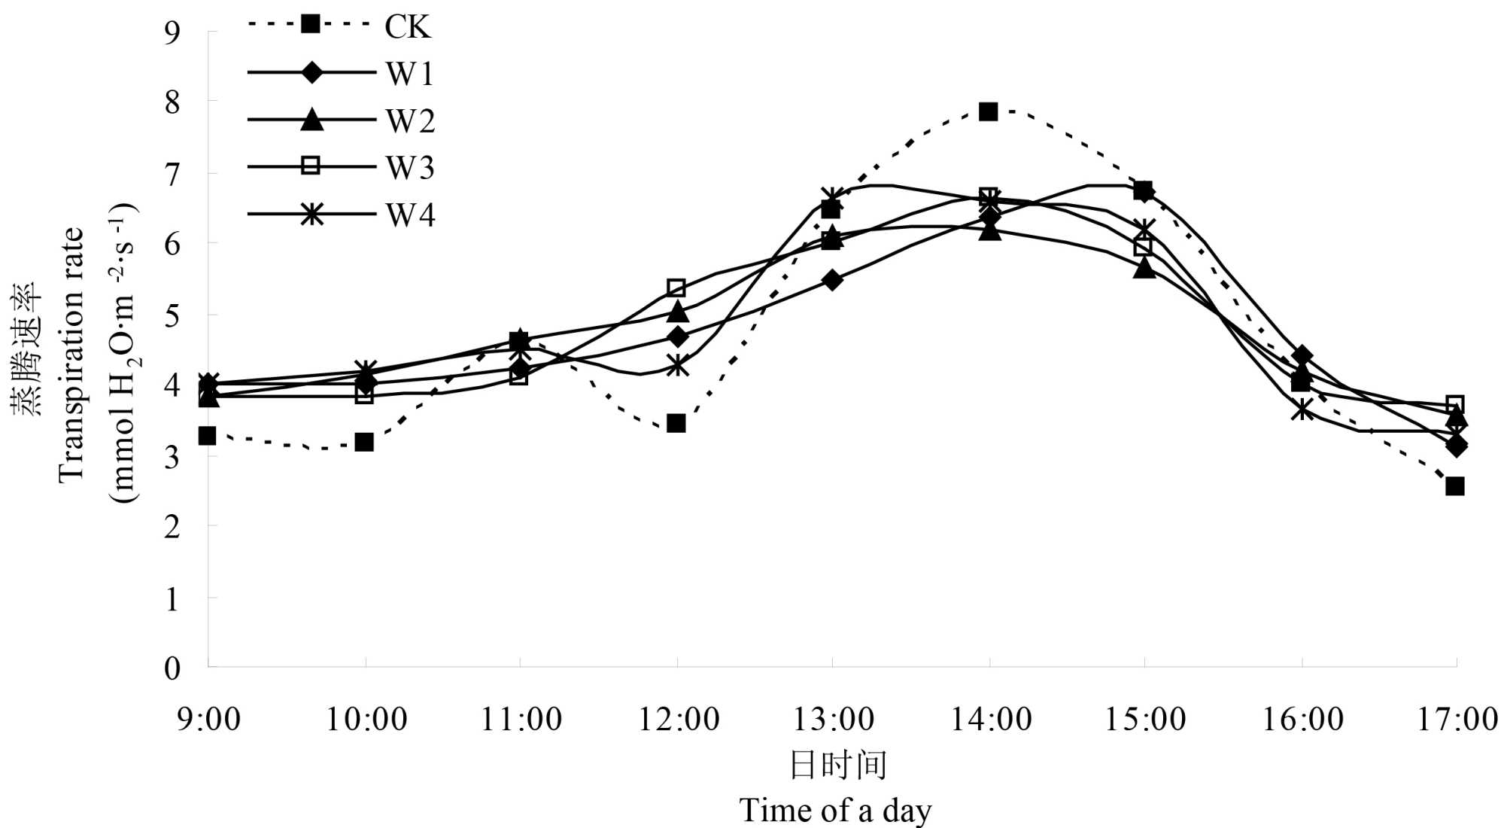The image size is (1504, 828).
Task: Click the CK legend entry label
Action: pyautogui.click(x=407, y=27)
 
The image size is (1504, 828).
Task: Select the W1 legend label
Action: pyautogui.click(x=410, y=74)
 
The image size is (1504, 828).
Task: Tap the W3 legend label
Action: pyautogui.click(x=410, y=167)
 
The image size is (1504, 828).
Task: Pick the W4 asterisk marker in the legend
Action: pyautogui.click(x=311, y=215)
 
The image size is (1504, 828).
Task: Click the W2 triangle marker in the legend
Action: pyautogui.click(x=311, y=120)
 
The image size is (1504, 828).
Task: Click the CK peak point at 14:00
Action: pyautogui.click(x=988, y=112)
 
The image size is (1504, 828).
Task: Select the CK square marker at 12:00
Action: pyautogui.click(x=676, y=423)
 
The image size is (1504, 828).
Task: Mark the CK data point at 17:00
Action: pyautogui.click(x=1454, y=486)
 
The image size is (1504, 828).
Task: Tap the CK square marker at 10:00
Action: pyautogui.click(x=364, y=442)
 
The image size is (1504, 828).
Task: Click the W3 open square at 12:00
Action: pyautogui.click(x=676, y=288)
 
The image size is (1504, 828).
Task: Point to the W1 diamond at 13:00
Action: pyautogui.click(x=832, y=281)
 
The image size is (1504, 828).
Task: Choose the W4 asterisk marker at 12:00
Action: pyautogui.click(x=677, y=365)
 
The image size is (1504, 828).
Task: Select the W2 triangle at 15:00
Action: pyautogui.click(x=1144, y=268)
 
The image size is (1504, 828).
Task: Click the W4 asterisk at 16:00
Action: pyautogui.click(x=1302, y=410)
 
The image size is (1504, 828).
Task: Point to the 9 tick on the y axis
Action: pyautogui.click(x=172, y=32)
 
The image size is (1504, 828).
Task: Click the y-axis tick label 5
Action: pyautogui.click(x=172, y=315)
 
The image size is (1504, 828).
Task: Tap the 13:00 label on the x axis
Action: pyautogui.click(x=833, y=720)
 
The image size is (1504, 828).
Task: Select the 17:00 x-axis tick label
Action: pyautogui.click(x=1457, y=720)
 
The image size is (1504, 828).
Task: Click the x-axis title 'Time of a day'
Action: pyautogui.click(x=835, y=811)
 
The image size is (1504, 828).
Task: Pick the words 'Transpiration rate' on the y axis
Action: pyautogui.click(x=71, y=354)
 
